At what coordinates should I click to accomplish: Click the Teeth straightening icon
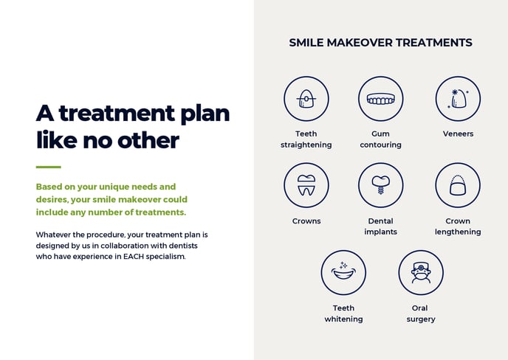tap(306, 99)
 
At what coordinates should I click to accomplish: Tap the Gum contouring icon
tap(381, 99)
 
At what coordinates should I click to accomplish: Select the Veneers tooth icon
tap(458, 99)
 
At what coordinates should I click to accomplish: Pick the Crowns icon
tap(306, 185)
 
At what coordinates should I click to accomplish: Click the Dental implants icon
tap(381, 185)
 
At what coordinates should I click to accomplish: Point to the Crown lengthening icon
tap(458, 185)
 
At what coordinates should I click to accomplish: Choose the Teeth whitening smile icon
tap(343, 272)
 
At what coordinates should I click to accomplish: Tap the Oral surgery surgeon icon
tap(421, 272)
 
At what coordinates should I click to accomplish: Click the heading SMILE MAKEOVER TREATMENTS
tap(380, 43)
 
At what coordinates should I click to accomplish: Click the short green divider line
tap(48, 167)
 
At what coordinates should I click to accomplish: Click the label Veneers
tap(458, 134)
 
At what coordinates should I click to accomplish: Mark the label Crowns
tap(306, 221)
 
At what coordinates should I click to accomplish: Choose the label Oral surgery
tap(421, 314)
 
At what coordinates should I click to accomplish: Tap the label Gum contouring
tap(381, 139)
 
